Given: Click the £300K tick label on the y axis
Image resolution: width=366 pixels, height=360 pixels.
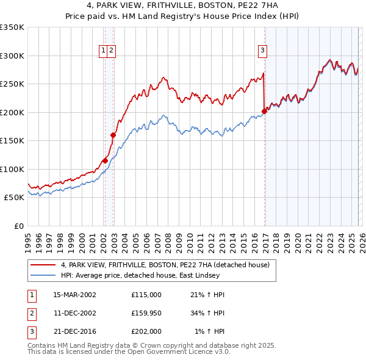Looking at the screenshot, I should [x=12, y=56].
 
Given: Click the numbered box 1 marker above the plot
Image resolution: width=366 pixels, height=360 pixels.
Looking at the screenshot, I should [x=104, y=51].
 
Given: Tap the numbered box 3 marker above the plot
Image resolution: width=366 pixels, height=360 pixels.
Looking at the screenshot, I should [x=262, y=51].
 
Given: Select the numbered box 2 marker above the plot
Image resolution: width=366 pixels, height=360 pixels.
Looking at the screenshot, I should [x=112, y=51].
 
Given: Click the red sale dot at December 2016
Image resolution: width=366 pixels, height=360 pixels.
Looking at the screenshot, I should [x=264, y=111].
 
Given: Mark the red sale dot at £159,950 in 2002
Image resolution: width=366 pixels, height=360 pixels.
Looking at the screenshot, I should [x=113, y=135].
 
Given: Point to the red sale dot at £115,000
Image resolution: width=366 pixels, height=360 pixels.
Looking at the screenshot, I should [x=105, y=160].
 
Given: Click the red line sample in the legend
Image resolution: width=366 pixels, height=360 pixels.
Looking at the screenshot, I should [x=43, y=264].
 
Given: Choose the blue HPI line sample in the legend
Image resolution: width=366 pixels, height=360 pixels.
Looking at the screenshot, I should [x=43, y=276].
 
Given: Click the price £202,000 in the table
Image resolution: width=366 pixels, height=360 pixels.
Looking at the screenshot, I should [x=146, y=331].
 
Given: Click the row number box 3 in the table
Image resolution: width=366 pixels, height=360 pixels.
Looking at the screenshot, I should [x=30, y=331].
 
